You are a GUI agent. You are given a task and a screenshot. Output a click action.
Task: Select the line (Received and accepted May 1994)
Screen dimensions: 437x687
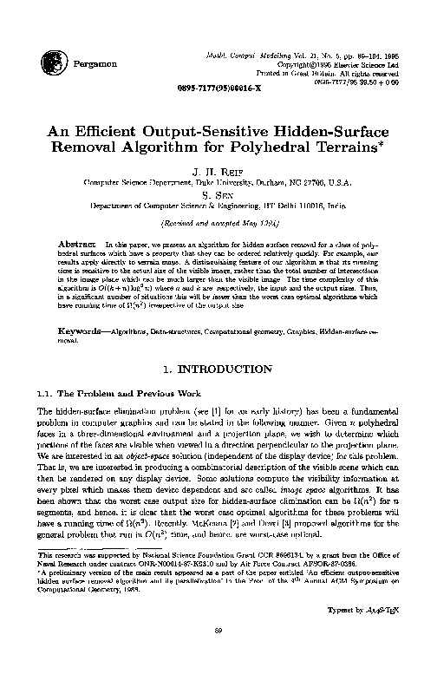(x=218, y=222)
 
